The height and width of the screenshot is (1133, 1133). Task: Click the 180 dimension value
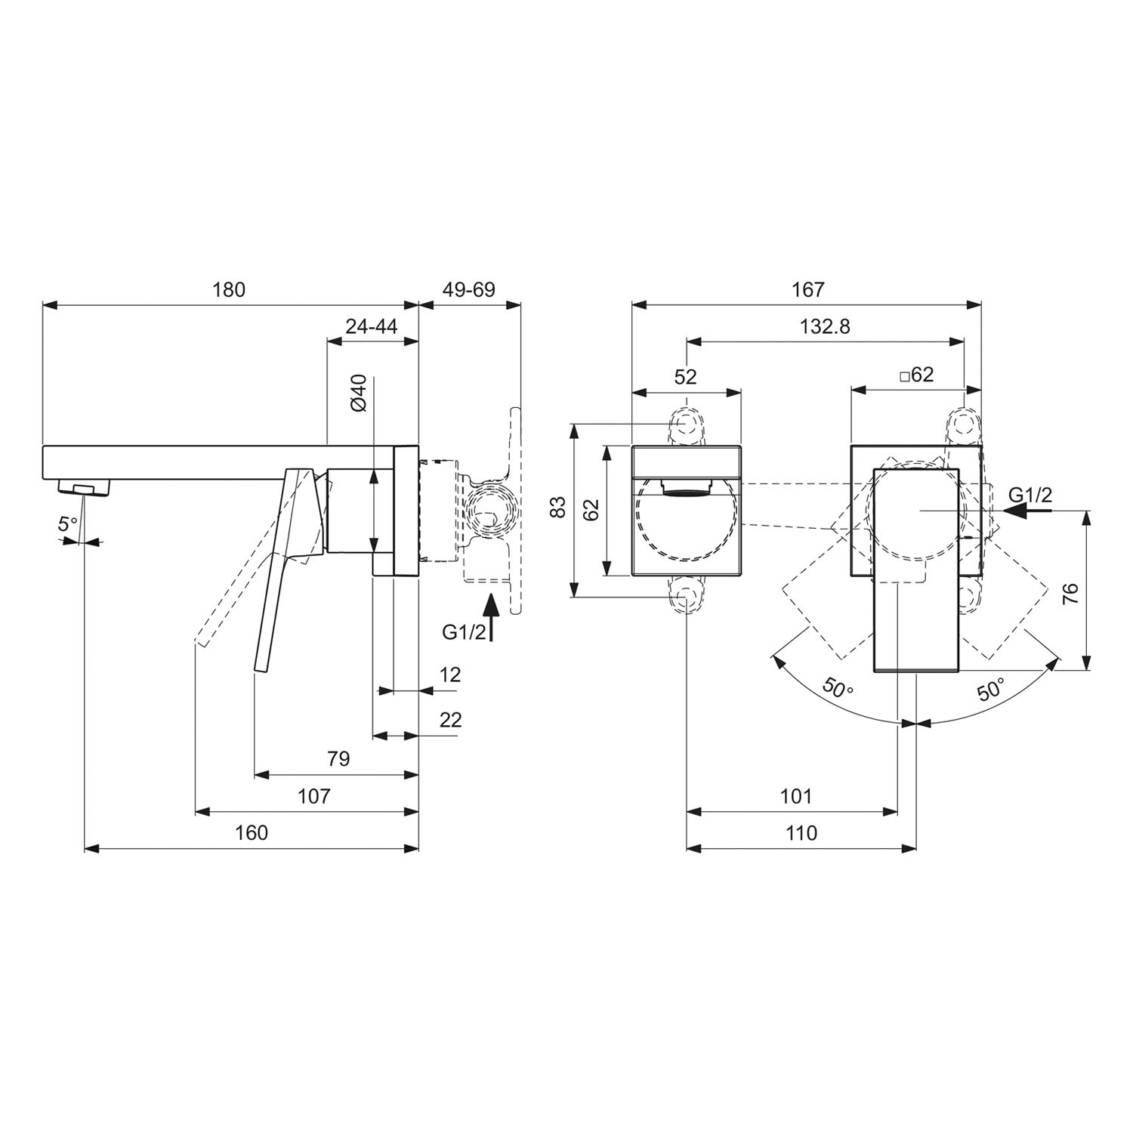(229, 289)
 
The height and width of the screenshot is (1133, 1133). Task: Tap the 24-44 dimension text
(372, 326)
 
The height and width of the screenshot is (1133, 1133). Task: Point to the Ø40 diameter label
(359, 393)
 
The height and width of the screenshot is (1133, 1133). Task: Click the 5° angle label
(69, 523)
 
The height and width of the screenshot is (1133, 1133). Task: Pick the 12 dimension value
(450, 674)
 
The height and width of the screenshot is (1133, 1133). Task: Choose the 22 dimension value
(450, 719)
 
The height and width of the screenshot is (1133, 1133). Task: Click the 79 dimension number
(339, 758)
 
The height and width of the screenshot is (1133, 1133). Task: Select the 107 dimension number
(314, 795)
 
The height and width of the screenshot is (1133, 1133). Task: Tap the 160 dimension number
(252, 832)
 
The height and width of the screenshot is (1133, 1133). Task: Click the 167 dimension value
(807, 289)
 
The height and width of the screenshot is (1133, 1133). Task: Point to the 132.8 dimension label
(825, 326)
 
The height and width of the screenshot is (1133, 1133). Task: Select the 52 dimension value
(686, 376)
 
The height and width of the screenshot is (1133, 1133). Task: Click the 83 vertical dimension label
(557, 507)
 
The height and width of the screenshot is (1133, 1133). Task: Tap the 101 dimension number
(795, 795)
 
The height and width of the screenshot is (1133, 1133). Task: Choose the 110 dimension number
(801, 832)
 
